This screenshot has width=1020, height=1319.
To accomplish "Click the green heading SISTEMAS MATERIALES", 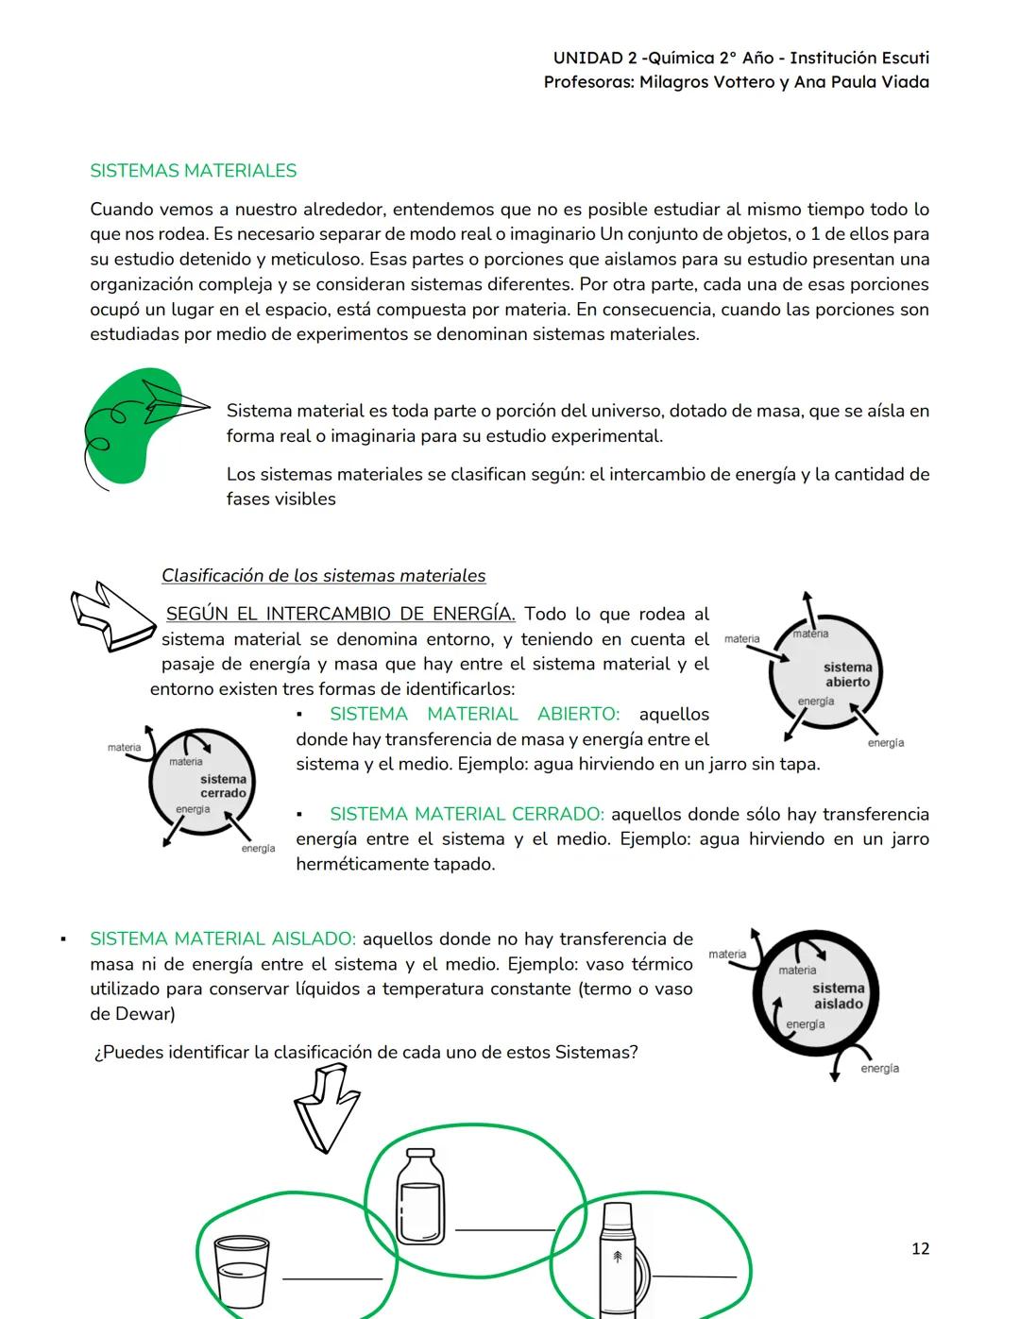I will pyautogui.click(x=193, y=171).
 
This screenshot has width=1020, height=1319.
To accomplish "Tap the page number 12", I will pyautogui.click(x=920, y=1248).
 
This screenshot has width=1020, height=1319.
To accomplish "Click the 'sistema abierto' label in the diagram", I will pyautogui.click(x=847, y=674).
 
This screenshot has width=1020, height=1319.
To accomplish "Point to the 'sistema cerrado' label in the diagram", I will pyautogui.click(x=223, y=786).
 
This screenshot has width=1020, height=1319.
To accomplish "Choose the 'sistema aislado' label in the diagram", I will pyautogui.click(x=838, y=996).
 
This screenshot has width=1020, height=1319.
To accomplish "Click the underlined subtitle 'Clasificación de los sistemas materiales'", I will pyautogui.click(x=323, y=576).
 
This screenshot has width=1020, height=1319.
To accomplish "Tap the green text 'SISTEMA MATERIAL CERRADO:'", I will pyautogui.click(x=467, y=814).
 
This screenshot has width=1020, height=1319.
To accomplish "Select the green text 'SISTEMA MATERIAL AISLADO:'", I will pyautogui.click(x=223, y=939).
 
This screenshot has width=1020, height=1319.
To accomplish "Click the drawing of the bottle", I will pyautogui.click(x=420, y=1196).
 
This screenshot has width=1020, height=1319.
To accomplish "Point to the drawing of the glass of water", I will pyautogui.click(x=242, y=1271).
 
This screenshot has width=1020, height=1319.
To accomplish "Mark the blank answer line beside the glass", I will pyautogui.click(x=332, y=1278).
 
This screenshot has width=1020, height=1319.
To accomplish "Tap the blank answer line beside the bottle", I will pyautogui.click(x=504, y=1229).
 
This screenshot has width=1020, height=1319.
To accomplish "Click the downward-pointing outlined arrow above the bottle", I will pyautogui.click(x=327, y=1106).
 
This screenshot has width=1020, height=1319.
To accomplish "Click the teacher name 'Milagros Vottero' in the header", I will pyautogui.click(x=704, y=82).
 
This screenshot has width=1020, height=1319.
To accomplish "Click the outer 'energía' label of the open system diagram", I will pyautogui.click(x=885, y=743).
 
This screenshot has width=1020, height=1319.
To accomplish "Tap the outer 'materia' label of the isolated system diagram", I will pyautogui.click(x=727, y=954).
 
